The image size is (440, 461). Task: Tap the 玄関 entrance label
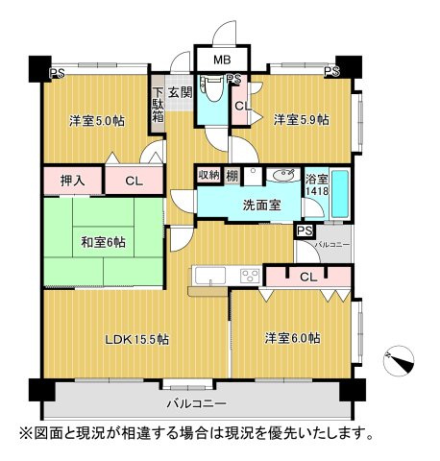pyautogui.click(x=180, y=93)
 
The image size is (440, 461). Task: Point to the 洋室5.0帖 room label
pyautogui.click(x=96, y=121)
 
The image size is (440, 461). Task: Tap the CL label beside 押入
pyautogui.click(x=134, y=180)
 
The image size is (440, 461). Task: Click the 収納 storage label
pyautogui.click(x=208, y=175)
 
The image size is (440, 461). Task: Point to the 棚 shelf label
pyautogui.click(x=232, y=175)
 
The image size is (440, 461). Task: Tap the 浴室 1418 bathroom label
pyautogui.click(x=316, y=185)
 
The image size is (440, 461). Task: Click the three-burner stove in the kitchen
pyautogui.click(x=249, y=277)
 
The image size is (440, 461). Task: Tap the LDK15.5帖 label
pyautogui.click(x=137, y=339)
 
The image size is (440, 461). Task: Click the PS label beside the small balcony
pyautogui.click(x=305, y=231)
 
